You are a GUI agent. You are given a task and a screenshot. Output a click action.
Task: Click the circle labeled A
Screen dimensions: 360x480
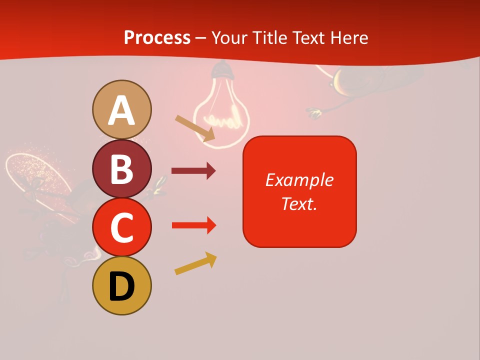121,109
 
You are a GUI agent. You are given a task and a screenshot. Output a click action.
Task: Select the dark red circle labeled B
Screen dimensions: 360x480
121,168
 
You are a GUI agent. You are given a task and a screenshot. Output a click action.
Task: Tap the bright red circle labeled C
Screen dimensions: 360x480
121,227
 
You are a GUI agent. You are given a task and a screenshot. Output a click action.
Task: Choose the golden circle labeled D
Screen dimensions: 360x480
121,285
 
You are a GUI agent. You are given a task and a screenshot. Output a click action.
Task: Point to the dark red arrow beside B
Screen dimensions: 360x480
193,171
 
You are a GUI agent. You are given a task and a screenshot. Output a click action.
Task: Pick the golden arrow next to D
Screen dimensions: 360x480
195,263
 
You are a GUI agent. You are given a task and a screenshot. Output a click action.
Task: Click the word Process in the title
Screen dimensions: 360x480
157,37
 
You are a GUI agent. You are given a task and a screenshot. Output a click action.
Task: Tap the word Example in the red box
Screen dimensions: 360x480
299,180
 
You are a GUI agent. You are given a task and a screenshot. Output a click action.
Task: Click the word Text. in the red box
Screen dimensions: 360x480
299,203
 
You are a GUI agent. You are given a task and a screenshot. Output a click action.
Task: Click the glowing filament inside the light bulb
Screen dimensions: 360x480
224,120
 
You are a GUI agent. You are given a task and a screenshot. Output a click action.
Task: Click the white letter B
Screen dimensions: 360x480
121,168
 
